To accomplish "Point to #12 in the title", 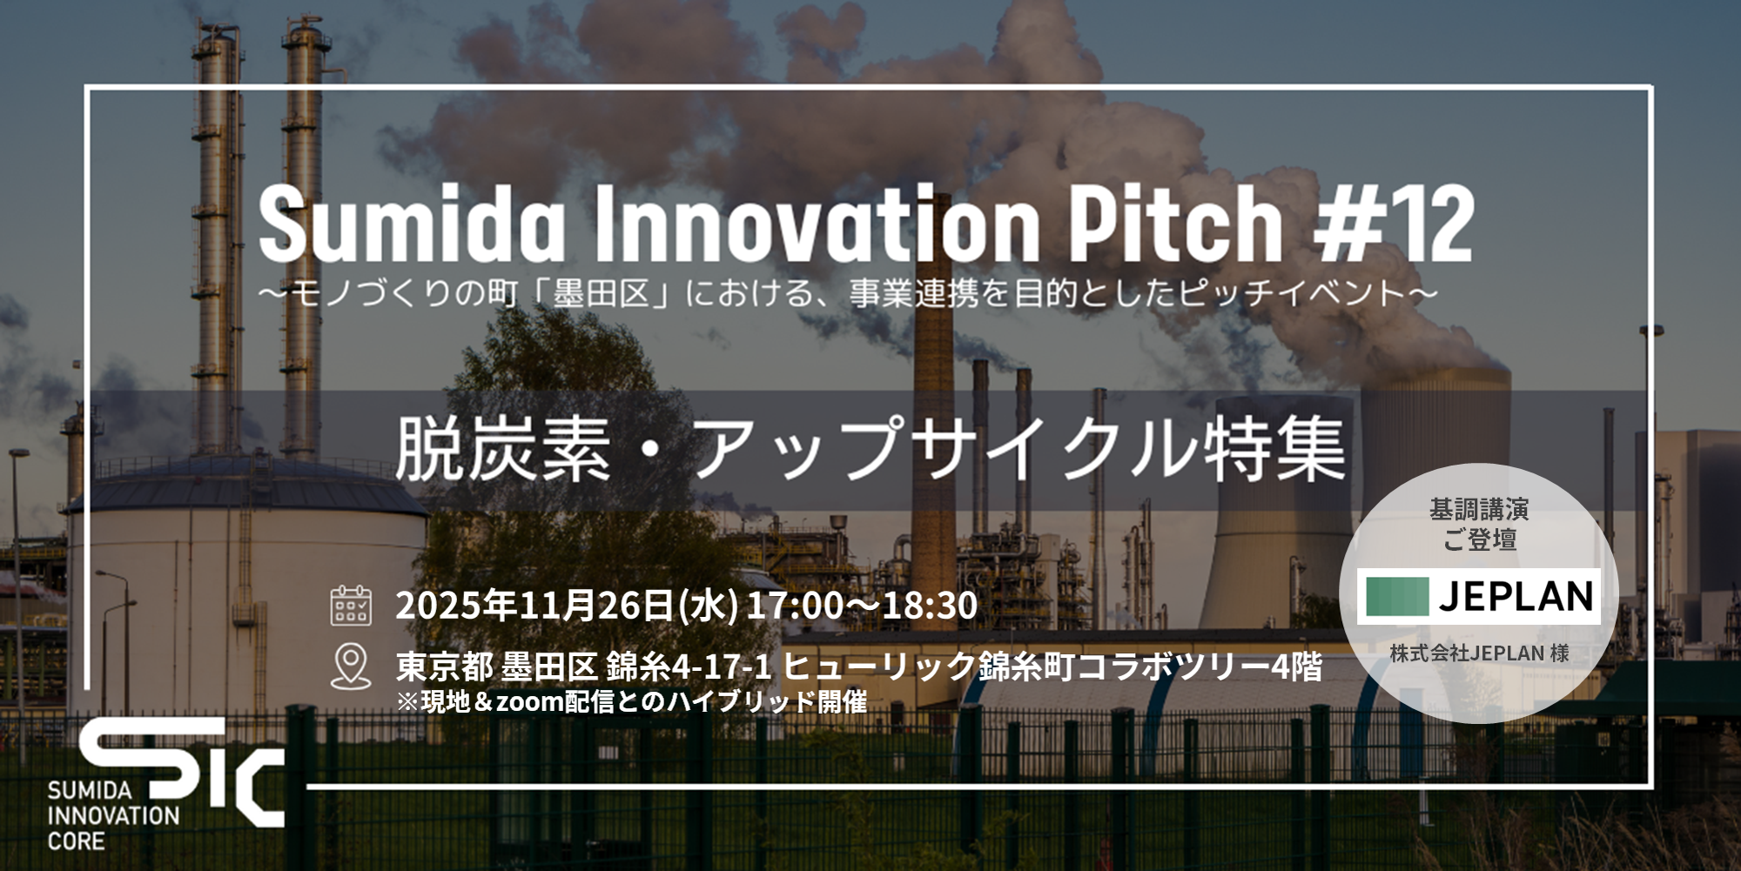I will (1393, 224).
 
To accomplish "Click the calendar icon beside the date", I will (351, 606).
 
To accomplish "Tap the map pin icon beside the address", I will (351, 665).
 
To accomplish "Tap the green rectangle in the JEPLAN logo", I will (1397, 597).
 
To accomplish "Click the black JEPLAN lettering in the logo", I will (1516, 597).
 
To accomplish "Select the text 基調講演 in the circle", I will (1479, 510).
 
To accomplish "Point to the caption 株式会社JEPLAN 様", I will (1479, 653).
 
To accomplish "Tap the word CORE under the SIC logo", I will (76, 842).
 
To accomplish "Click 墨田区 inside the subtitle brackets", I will (602, 294).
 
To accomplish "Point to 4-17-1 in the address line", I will (722, 667).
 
